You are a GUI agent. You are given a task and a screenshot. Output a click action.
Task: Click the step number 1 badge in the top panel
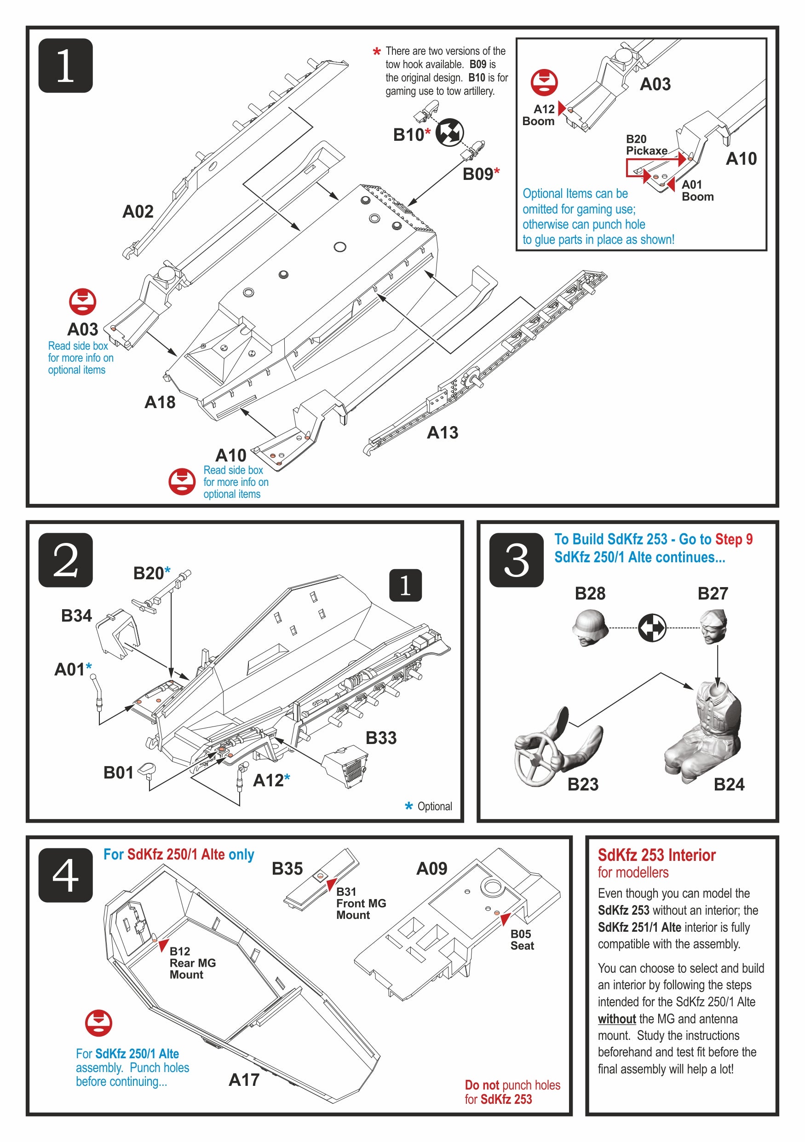(x=65, y=65)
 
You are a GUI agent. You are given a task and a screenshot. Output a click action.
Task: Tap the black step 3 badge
(x=516, y=559)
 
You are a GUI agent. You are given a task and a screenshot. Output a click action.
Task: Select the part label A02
(x=138, y=212)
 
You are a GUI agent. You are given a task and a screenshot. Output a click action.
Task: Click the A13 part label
(x=442, y=433)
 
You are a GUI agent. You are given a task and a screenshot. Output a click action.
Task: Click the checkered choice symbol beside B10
(x=449, y=133)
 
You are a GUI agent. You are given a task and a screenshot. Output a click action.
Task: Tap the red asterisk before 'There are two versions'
(x=376, y=52)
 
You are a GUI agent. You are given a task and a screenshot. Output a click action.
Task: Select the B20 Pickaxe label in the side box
(x=646, y=145)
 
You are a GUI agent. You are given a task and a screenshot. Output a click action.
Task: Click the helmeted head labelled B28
(x=590, y=627)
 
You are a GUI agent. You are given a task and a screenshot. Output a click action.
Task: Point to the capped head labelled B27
(x=713, y=626)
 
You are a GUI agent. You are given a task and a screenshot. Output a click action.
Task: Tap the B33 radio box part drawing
(x=346, y=766)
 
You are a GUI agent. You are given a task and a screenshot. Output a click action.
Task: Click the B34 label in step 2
(x=76, y=616)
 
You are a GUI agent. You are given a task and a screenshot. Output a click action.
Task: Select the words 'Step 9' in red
(x=733, y=539)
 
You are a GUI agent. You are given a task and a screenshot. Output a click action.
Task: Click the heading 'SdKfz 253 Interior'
(x=656, y=855)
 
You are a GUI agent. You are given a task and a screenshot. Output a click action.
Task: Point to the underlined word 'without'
(x=616, y=1019)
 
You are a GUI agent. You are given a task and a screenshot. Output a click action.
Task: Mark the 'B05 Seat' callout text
(x=521, y=940)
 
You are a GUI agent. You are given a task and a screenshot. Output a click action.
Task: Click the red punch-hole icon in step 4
(x=98, y=1023)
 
